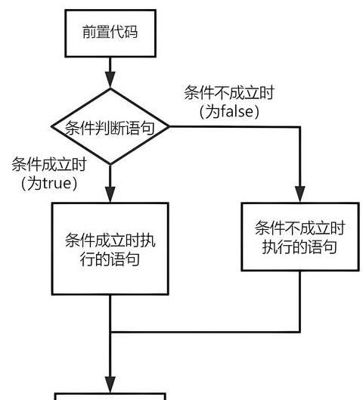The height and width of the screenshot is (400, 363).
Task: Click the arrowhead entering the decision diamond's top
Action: point(110,80)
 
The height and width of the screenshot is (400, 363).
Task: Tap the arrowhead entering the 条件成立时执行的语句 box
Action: point(110,194)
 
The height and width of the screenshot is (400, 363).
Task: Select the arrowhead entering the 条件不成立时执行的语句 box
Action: point(300,194)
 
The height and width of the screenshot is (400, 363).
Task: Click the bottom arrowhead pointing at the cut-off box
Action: point(110,385)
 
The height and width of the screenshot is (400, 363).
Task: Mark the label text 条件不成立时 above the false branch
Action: point(229,92)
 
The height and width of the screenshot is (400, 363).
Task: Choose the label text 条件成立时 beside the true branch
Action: point(49,164)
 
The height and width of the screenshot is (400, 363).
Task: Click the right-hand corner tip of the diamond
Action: point(169,126)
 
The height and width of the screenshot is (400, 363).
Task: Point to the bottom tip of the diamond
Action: point(110,165)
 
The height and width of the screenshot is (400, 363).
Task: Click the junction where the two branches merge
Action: point(110,332)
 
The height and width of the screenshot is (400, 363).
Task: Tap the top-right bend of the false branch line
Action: point(300,126)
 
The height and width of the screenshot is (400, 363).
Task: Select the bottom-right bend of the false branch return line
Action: point(300,332)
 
